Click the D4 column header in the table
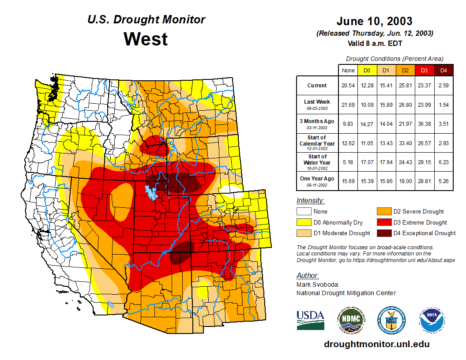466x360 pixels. [x=444, y=71]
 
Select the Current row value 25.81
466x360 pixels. [x=406, y=86]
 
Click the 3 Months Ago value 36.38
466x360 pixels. [x=425, y=124]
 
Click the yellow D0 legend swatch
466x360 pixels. [x=304, y=222]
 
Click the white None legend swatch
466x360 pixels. [x=304, y=212]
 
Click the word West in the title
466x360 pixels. [x=146, y=39]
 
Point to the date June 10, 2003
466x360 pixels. [x=374, y=21]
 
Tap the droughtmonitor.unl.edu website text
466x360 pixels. [x=376, y=344]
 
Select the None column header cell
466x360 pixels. [x=348, y=71]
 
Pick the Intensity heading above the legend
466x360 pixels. [x=311, y=201]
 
